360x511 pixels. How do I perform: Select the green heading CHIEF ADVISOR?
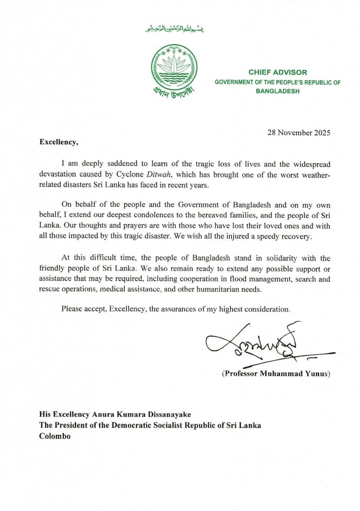coord(278,72)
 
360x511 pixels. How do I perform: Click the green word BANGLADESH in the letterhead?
coord(278,91)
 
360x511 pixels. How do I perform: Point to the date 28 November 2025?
coord(299,133)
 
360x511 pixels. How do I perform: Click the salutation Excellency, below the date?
coord(58,142)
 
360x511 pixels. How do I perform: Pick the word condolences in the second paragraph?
coord(156,215)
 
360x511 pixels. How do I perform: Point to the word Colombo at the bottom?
coord(55,436)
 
